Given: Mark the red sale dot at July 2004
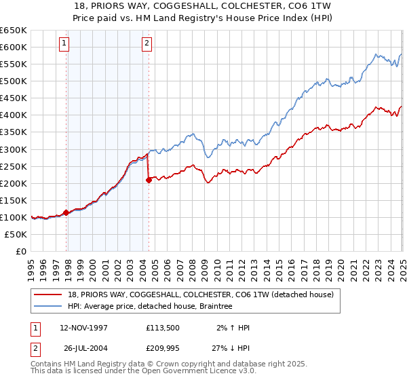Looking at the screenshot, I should pos(149,180).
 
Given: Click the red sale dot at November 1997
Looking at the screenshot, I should pos(66,212).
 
